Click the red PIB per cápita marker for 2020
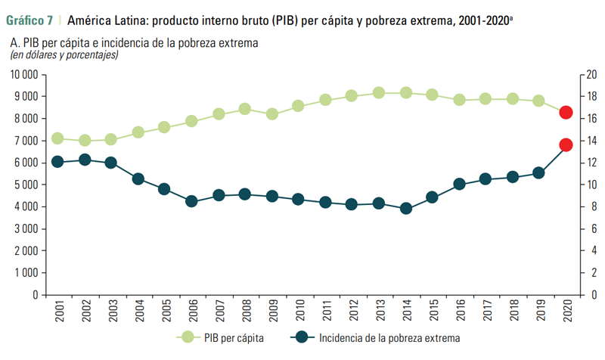(566, 113)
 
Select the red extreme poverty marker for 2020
(566, 144)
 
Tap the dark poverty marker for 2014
(405, 208)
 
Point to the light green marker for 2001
(57, 138)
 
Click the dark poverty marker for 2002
(85, 160)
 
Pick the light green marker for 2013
(379, 93)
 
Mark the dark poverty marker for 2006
(191, 201)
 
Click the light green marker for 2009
(272, 113)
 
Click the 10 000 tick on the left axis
(25, 75)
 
